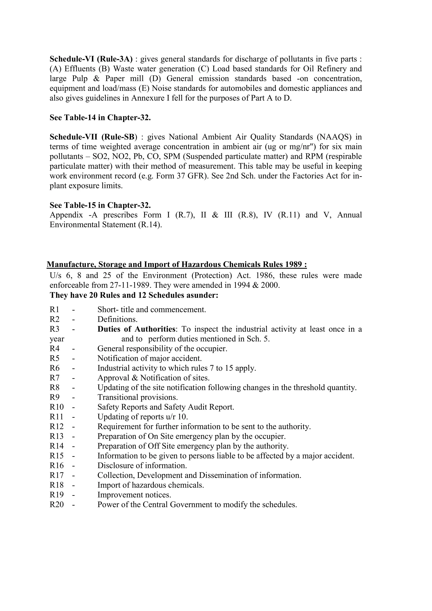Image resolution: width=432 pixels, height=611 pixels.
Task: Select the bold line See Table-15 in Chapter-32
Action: pos(100,205)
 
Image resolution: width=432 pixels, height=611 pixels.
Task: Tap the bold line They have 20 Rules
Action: pos(134,295)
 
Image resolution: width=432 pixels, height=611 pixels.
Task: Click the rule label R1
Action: pos(55,310)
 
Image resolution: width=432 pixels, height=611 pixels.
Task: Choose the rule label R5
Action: pos(55,358)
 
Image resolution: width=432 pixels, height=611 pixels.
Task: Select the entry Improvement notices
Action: pos(134,495)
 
